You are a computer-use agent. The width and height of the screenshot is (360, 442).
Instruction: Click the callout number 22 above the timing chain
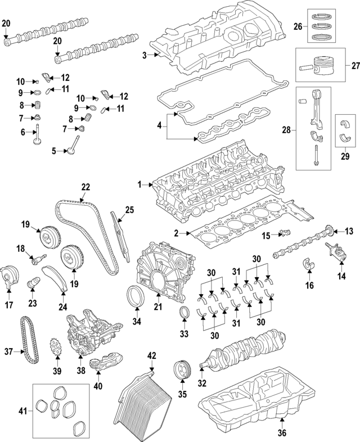click(85, 187)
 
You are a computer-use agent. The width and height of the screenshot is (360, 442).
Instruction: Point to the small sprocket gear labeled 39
click(56, 346)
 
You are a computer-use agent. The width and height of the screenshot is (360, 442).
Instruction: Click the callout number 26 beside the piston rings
click(299, 26)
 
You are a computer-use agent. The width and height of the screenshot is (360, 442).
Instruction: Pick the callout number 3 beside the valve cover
click(144, 55)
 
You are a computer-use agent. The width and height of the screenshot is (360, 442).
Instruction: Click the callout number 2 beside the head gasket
click(176, 233)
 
